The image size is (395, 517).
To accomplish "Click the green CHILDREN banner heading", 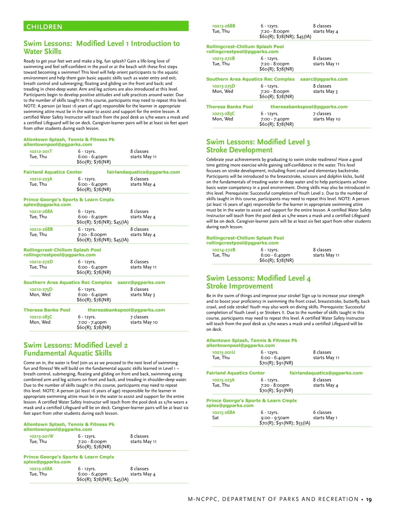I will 44,27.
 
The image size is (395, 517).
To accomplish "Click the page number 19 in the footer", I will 369,500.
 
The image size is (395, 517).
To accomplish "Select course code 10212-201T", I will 41,151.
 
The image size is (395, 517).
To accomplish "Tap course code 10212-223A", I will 41,179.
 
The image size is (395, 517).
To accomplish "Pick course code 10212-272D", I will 41,262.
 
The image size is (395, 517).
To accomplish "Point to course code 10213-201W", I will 41,436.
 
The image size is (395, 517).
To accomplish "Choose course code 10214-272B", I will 224,250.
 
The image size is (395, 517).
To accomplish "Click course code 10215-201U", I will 224,352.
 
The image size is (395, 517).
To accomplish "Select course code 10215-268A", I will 224,412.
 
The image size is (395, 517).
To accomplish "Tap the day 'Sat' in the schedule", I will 215,417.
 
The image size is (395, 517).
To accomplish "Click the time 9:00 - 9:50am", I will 275,417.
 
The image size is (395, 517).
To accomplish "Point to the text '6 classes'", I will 322,412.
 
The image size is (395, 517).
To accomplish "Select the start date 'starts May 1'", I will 325,417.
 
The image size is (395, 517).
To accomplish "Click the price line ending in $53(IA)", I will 285,423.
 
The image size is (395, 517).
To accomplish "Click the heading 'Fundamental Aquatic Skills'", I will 67,353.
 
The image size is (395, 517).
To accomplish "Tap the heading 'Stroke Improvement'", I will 240,286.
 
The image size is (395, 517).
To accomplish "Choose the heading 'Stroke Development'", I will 239,150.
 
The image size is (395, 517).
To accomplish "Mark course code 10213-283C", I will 224,113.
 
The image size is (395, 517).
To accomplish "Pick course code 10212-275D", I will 41,289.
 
